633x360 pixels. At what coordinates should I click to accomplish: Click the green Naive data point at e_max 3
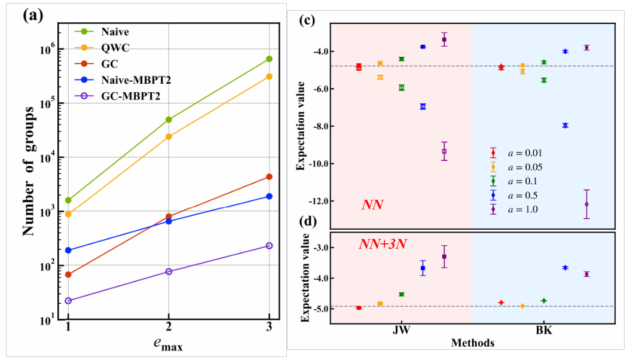269,59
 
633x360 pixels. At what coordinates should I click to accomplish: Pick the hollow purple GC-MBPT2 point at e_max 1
68,301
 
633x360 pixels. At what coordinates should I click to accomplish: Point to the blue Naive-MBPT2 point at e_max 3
269,196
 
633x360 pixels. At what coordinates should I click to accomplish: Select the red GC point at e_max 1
68,274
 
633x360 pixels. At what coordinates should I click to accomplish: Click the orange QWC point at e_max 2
169,136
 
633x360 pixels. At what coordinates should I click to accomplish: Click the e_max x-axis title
169,344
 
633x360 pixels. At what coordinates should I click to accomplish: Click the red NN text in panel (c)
372,205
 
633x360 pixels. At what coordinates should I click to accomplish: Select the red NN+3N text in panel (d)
379,244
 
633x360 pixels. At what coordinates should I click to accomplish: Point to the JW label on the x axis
401,331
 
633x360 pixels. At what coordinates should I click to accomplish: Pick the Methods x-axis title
473,343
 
